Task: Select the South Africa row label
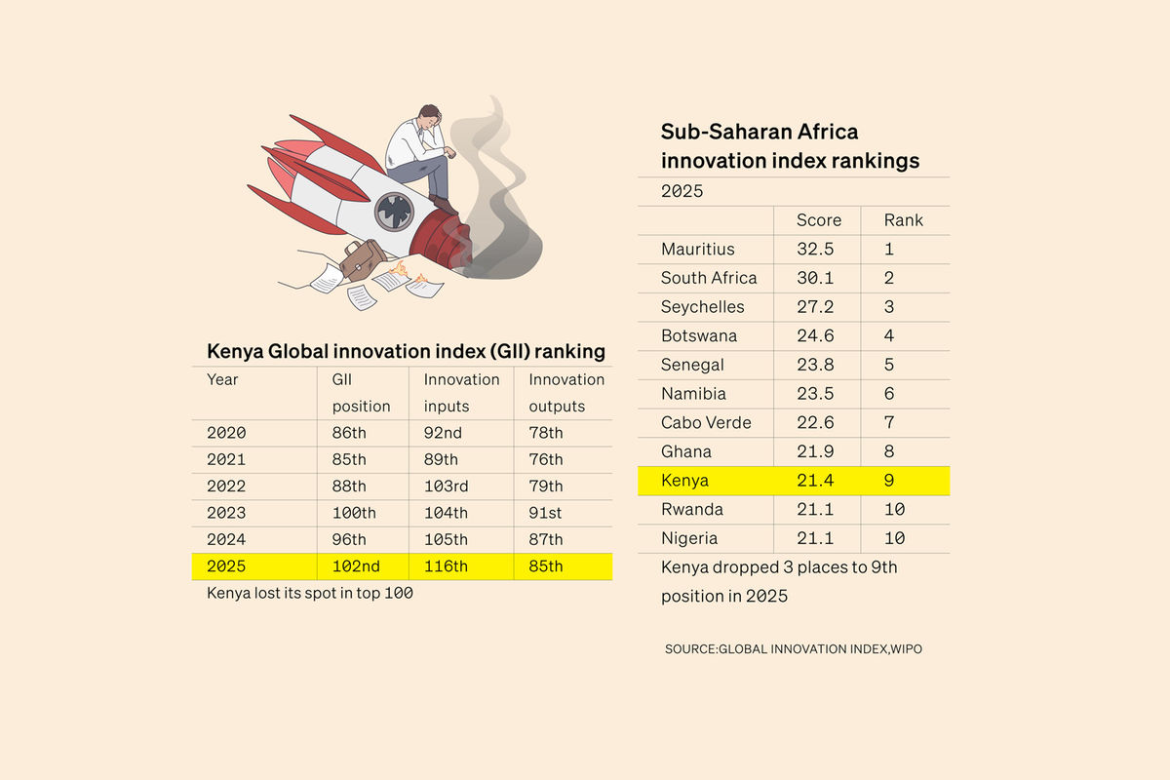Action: [708, 278]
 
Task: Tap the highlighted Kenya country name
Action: [684, 481]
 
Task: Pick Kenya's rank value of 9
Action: [889, 481]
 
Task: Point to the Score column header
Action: [818, 220]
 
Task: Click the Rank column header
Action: [903, 220]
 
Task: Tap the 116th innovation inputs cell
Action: [446, 565]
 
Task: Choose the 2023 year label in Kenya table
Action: [226, 513]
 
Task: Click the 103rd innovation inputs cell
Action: [446, 487]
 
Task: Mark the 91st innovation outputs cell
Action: [546, 513]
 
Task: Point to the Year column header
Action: [222, 379]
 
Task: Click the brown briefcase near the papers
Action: [363, 257]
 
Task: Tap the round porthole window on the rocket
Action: [395, 211]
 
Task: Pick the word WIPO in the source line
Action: [907, 649]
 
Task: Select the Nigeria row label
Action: [688, 538]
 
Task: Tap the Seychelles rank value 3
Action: [889, 307]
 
